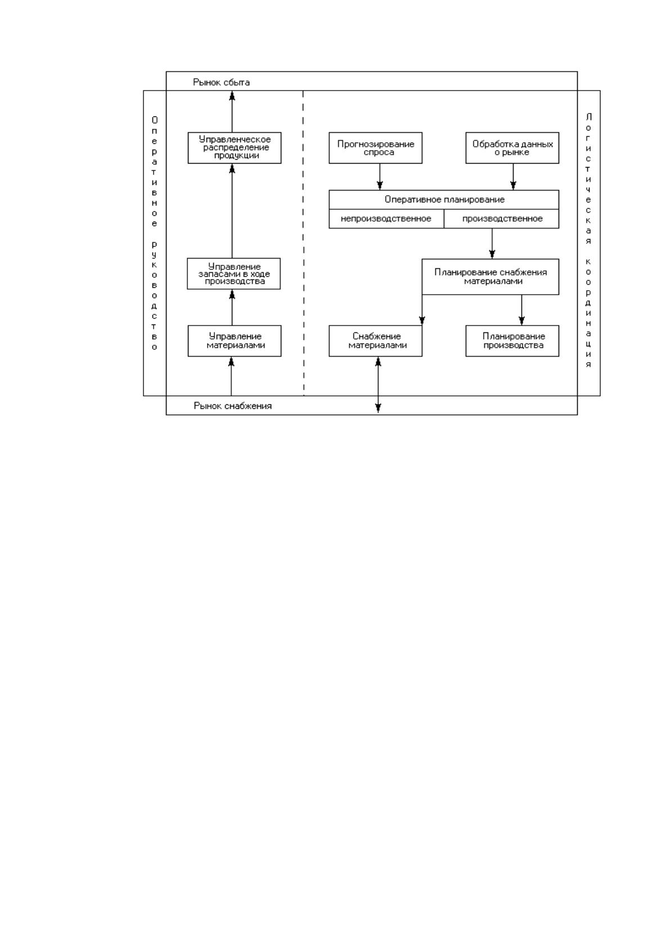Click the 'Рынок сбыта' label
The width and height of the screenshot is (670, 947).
pyautogui.click(x=221, y=82)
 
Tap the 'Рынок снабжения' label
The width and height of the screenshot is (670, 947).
pyautogui.click(x=233, y=406)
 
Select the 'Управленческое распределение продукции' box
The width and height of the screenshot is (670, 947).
pyautogui.click(x=235, y=148)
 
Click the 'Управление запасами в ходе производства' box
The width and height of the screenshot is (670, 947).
pyautogui.click(x=234, y=274)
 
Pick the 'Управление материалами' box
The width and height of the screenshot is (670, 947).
pyautogui.click(x=235, y=341)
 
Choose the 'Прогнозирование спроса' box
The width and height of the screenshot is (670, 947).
pyautogui.click(x=376, y=148)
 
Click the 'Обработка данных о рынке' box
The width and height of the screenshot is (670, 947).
pyautogui.click(x=512, y=148)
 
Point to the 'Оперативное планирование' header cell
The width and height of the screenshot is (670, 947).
pyautogui.click(x=444, y=200)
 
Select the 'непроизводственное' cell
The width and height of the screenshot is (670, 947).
pyautogui.click(x=386, y=219)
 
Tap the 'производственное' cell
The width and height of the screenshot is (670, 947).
pyautogui.click(x=502, y=219)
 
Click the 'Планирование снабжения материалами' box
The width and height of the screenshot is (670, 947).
pyautogui.click(x=491, y=277)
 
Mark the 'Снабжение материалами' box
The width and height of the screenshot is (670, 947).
pyautogui.click(x=376, y=341)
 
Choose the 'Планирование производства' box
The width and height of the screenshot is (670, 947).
pyautogui.click(x=512, y=341)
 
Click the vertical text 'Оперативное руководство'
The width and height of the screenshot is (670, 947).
pyautogui.click(x=154, y=233)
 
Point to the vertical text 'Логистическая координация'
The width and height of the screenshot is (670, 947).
pyautogui.click(x=588, y=240)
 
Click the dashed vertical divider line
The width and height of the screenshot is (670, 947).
pyautogui.click(x=303, y=243)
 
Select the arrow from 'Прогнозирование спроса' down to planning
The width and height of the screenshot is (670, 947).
pyautogui.click(x=380, y=177)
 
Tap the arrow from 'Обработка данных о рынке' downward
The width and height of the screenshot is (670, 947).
pyautogui.click(x=513, y=177)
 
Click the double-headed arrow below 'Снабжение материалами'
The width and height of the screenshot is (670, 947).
pyautogui.click(x=378, y=385)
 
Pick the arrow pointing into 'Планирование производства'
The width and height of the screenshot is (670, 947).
pyautogui.click(x=521, y=310)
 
